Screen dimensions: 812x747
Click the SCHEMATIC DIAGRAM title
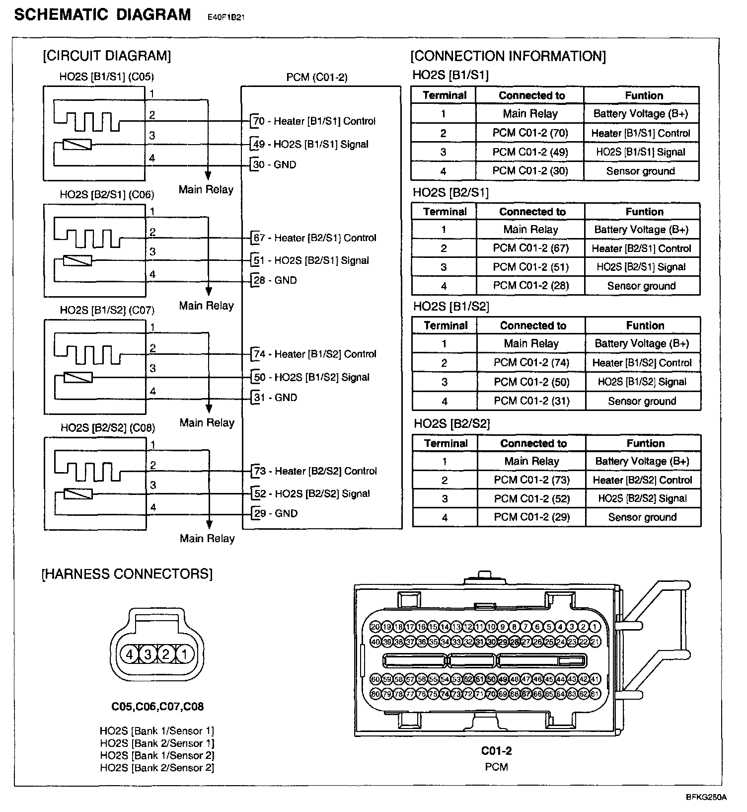click(102, 15)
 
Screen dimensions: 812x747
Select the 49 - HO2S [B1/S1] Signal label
click(310, 145)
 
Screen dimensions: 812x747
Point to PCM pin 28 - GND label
click(275, 280)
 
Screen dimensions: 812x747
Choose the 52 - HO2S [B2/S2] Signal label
click(312, 494)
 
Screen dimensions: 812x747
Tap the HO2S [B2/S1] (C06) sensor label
click(107, 194)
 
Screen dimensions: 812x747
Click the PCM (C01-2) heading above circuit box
click(317, 77)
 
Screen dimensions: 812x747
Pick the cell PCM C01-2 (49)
click(530, 152)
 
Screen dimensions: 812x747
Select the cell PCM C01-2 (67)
click(530, 248)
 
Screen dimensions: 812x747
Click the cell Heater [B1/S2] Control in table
click(642, 363)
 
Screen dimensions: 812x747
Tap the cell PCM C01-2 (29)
click(531, 517)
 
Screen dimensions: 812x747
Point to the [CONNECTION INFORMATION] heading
click(508, 56)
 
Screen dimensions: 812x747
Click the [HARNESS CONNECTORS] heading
click(127, 574)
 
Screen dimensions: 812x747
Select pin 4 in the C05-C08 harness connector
click(130, 654)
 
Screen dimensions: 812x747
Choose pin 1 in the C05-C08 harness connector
click(184, 654)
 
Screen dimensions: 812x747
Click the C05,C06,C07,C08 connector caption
click(157, 707)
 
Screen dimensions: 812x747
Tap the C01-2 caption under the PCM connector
click(496, 751)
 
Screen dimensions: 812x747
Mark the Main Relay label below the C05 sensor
click(206, 190)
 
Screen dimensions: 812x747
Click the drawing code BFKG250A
click(706, 797)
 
